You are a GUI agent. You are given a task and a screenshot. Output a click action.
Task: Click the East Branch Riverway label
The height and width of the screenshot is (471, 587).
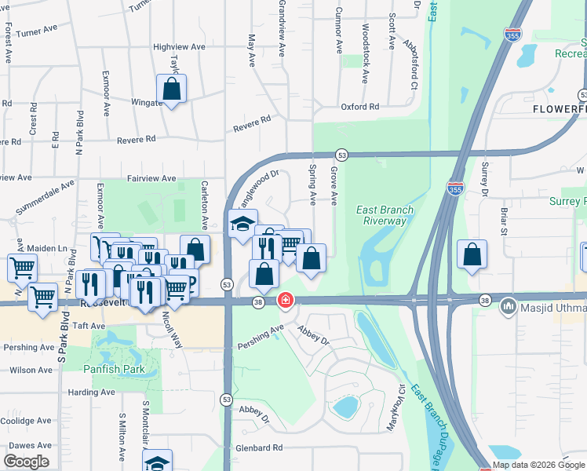(x=385, y=215)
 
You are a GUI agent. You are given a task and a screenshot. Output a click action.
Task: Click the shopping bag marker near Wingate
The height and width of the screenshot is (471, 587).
(x=171, y=89)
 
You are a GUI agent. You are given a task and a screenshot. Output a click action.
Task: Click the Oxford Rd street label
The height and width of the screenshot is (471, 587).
(x=359, y=107)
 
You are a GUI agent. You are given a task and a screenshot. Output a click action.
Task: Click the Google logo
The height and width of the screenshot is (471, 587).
(x=27, y=462)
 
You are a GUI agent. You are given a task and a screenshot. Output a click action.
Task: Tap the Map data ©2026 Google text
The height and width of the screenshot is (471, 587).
(x=538, y=465)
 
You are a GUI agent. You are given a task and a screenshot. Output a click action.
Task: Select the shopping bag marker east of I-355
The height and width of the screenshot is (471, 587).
(x=472, y=254)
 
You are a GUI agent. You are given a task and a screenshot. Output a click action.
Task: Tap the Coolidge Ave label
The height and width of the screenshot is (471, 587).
(x=26, y=421)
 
